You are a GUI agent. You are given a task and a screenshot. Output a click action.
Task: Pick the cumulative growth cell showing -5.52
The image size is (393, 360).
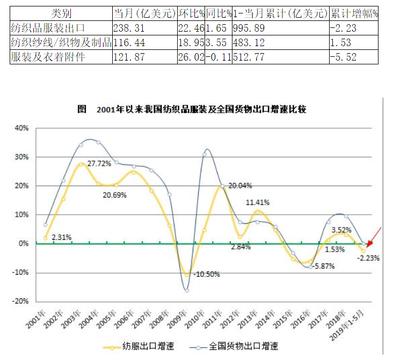pyautogui.click(x=344, y=57)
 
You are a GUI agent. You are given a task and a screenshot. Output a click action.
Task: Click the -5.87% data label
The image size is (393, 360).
pyautogui.click(x=324, y=265)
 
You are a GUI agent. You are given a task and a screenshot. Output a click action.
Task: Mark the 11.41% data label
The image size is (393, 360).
pyautogui.click(x=258, y=203)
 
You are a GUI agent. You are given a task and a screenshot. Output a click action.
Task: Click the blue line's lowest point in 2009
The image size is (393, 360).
pyautogui.click(x=187, y=290)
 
